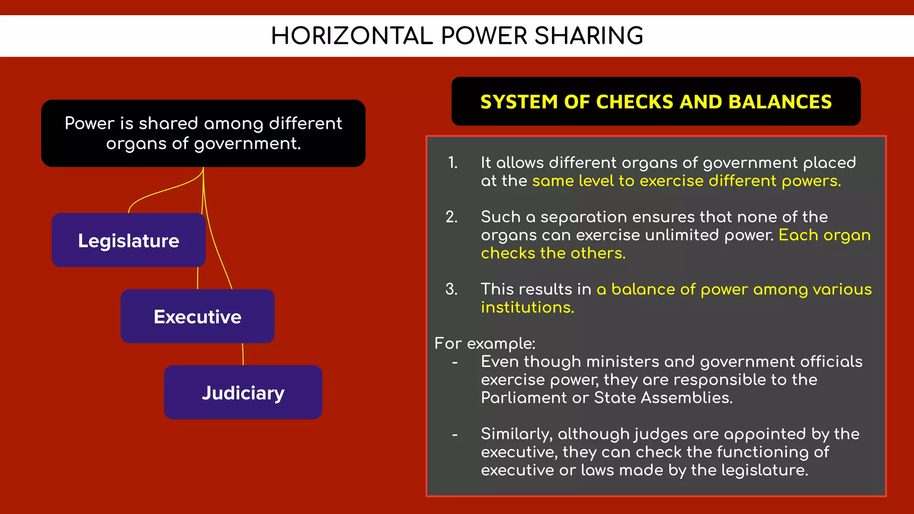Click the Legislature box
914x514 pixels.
[129, 240]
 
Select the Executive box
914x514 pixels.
[197, 317]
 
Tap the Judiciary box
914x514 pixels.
[243, 393]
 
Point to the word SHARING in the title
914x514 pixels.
[589, 36]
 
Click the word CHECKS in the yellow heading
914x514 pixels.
[635, 102]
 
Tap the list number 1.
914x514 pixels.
[453, 163]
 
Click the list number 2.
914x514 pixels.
[452, 217]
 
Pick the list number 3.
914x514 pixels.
[452, 289]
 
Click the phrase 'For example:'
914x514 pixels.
[485, 344]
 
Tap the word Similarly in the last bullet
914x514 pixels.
[516, 434]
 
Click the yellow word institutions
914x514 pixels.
[527, 307]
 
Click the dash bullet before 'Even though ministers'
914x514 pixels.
[455, 362]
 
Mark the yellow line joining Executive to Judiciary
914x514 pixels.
[243, 354]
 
